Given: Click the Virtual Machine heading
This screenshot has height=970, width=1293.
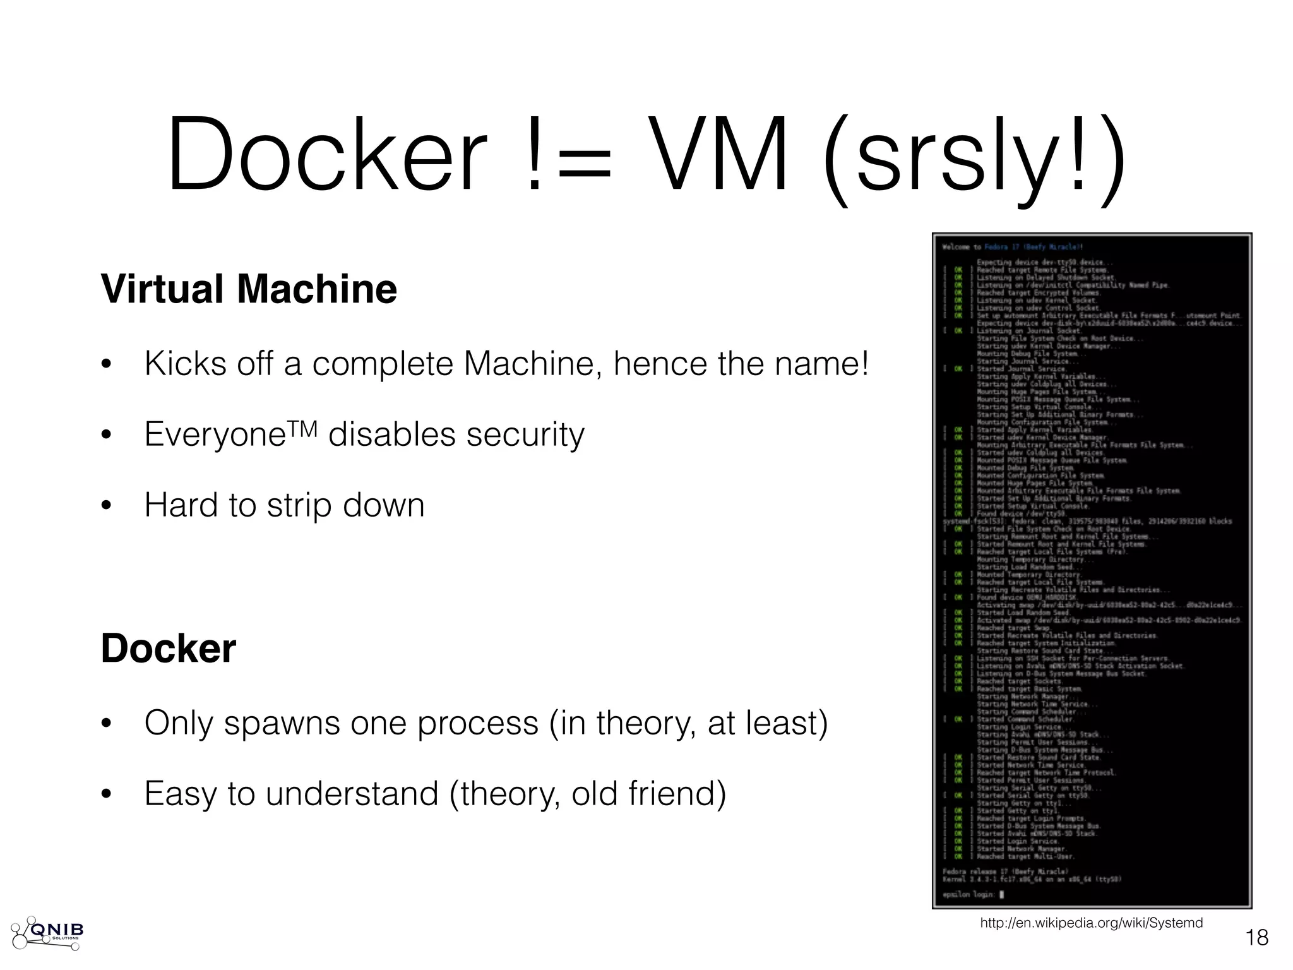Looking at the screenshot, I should coord(249,289).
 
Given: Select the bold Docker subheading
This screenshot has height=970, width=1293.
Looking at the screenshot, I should coord(168,649).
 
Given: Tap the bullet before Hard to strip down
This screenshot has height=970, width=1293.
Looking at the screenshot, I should coord(106,505).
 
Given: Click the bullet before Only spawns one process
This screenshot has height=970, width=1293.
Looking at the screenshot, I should coord(106,724).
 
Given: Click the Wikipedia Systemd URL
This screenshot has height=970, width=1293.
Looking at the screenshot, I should coord(1091,923).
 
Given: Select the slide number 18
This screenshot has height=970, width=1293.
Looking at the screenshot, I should coord(1256,938).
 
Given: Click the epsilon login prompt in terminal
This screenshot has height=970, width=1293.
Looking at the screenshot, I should coord(972,894).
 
